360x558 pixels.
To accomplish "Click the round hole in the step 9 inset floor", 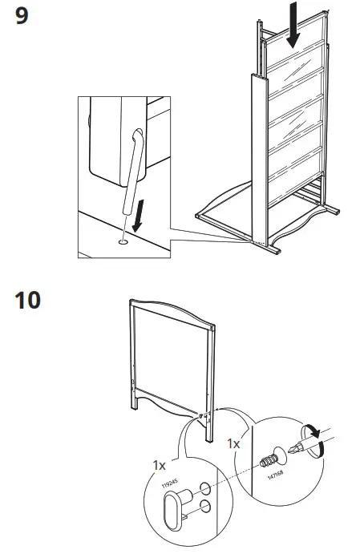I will click(122, 238).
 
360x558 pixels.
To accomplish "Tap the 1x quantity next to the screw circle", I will click(234, 443).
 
